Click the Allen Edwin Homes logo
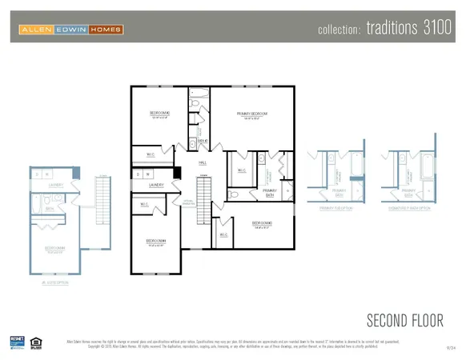(x=72, y=30)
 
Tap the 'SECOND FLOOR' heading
(x=404, y=321)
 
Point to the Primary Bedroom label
(x=251, y=115)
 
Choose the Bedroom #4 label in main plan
(x=156, y=242)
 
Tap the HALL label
(x=203, y=162)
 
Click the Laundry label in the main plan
(x=156, y=185)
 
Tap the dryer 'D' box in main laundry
(x=139, y=174)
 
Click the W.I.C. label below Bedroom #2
(x=151, y=154)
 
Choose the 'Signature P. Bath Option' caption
(x=408, y=207)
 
